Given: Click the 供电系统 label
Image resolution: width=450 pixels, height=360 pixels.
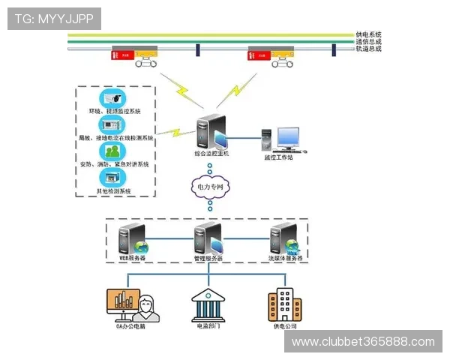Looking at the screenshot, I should click(368, 34).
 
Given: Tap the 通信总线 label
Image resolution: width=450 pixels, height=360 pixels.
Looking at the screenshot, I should click(368, 42).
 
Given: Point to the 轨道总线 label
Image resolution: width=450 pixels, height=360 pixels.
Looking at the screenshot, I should click(368, 49).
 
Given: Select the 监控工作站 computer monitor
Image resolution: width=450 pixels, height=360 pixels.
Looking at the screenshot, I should click(287, 137).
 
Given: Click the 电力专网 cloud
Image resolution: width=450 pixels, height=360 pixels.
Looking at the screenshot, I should click(210, 185).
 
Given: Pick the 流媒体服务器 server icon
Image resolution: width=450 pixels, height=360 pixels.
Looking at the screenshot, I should click(285, 238).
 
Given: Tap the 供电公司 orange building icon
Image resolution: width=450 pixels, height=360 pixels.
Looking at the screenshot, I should click(286, 306).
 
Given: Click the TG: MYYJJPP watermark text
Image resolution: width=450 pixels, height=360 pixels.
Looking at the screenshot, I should click(54, 19).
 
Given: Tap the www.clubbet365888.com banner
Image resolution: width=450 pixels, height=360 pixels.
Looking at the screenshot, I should click(363, 342).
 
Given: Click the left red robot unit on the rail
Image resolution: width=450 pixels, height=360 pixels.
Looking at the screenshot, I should click(124, 54).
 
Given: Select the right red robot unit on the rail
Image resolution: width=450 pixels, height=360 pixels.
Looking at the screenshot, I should click(262, 54).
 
